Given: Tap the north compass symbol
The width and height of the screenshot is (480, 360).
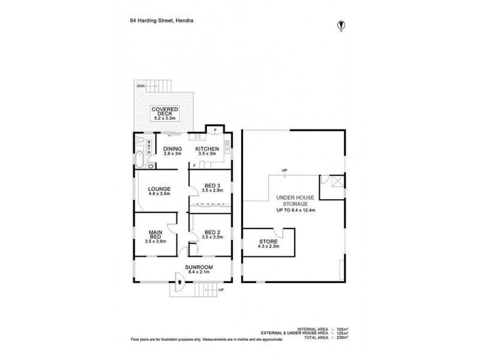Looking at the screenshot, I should point(341,25).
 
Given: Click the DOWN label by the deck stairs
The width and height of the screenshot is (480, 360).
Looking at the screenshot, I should point(140,86).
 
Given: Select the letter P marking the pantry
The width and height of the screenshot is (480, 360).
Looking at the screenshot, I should point(214,128).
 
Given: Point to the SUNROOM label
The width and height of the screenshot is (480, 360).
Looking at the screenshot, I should point(198,266).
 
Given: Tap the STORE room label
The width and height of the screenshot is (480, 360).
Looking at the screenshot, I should point(268,241).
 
